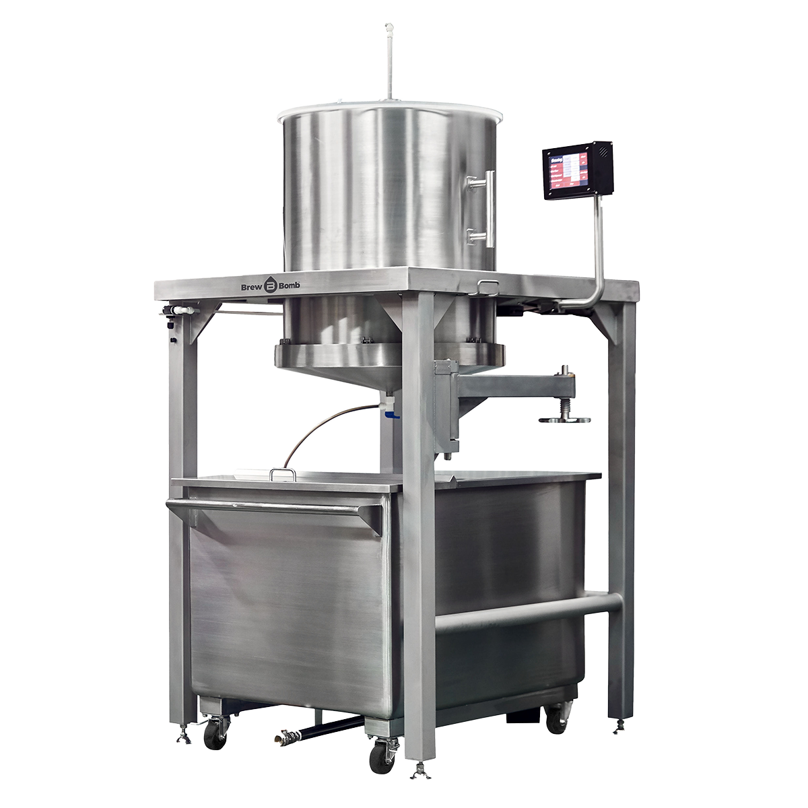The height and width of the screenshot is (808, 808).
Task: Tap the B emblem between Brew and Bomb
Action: (x=269, y=285)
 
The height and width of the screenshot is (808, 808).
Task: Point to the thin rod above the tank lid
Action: (x=389, y=64)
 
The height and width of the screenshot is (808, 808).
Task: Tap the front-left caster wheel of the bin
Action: (x=215, y=733)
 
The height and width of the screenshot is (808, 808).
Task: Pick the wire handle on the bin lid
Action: (x=283, y=474)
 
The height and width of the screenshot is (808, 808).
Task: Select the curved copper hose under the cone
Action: (x=316, y=431)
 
